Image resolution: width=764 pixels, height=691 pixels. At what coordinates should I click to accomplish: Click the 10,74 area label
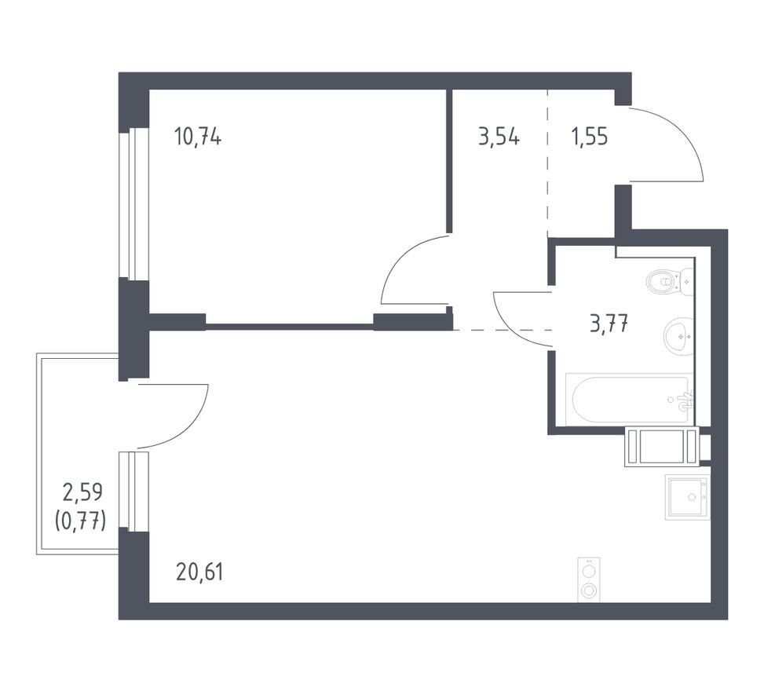[x=197, y=137]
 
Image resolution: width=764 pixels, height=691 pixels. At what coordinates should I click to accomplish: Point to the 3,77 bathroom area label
[x=609, y=323]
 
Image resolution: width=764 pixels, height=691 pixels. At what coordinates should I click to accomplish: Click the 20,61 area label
[x=199, y=572]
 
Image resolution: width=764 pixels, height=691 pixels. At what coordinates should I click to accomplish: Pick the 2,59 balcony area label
[x=82, y=492]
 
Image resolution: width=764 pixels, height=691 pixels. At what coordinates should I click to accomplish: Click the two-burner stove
[x=589, y=579]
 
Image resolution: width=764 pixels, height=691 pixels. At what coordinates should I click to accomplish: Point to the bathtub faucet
[x=686, y=398]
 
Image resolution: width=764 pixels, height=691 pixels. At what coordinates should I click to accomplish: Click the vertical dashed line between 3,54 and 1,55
[x=547, y=163]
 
